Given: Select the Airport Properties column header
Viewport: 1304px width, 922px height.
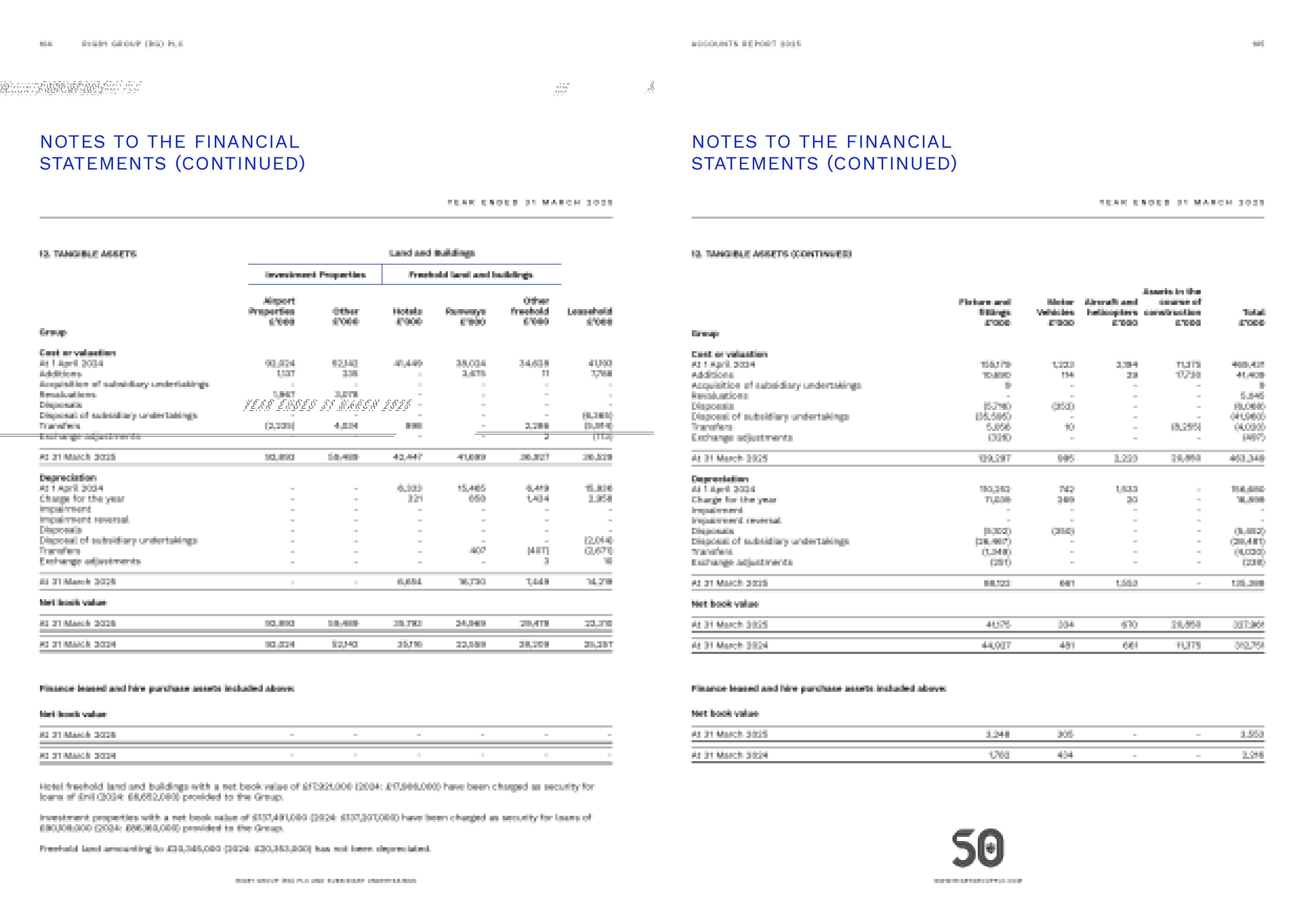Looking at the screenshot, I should (272, 311).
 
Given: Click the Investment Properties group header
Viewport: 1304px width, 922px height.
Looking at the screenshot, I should (315, 275).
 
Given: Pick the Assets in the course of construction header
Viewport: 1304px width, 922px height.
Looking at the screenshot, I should (1172, 306).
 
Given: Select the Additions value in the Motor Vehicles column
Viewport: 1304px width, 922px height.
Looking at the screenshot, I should (1067, 375).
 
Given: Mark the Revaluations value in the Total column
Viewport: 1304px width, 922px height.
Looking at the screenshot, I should (1255, 396).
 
